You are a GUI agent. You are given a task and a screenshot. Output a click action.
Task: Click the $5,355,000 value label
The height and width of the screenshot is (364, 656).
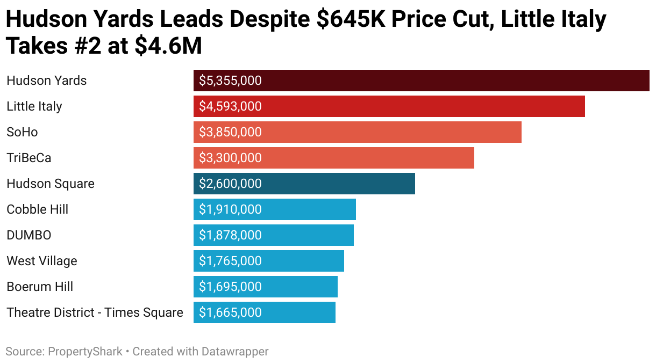pos(230,81)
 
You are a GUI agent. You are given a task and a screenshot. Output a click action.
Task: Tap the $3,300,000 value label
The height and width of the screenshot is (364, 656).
pos(230,158)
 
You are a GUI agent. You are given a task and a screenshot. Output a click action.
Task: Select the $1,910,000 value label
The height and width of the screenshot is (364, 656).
pos(230,209)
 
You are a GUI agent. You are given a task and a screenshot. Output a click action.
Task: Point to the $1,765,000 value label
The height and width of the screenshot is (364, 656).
pos(230,261)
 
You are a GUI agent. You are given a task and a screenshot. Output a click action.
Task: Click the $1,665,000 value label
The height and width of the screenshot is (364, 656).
pos(230,312)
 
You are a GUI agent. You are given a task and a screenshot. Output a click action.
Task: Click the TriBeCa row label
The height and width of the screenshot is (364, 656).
pos(28,158)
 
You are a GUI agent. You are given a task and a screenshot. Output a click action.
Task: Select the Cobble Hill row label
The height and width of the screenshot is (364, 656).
pos(37,209)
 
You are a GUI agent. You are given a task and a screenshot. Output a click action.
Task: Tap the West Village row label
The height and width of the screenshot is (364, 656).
pos(41,261)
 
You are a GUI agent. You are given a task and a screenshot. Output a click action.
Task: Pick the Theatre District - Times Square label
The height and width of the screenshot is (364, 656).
pos(95,312)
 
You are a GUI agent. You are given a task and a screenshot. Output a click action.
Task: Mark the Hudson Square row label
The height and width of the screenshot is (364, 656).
pos(50,184)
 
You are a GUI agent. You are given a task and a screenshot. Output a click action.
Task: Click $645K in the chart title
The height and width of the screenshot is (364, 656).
pos(355,20)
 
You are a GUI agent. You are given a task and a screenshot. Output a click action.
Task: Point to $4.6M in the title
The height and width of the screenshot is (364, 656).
pos(168,47)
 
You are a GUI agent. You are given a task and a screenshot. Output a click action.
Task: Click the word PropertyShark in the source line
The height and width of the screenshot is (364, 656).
pos(85,352)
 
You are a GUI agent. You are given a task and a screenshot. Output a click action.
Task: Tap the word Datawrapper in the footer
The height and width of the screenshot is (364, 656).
pos(234,352)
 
